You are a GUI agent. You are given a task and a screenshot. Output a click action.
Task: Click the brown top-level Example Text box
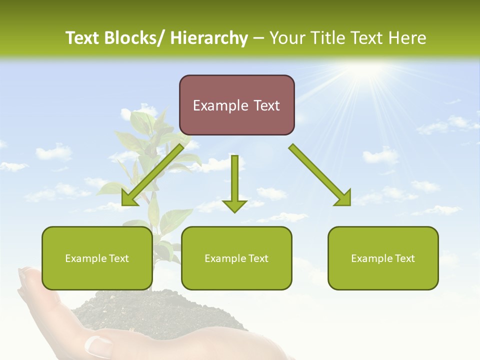[236, 105]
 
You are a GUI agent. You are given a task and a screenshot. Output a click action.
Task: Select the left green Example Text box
[97, 258]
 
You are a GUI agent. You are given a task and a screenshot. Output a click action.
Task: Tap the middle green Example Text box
[236, 258]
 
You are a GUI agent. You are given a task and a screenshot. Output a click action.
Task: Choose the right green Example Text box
[383, 258]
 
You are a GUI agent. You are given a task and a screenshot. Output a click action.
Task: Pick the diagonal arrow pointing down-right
[320, 175]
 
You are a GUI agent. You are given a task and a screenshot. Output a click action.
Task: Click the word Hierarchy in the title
[209, 38]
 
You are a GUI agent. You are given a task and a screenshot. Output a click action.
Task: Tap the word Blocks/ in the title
[134, 38]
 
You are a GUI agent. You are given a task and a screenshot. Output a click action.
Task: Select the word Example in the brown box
[213, 105]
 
